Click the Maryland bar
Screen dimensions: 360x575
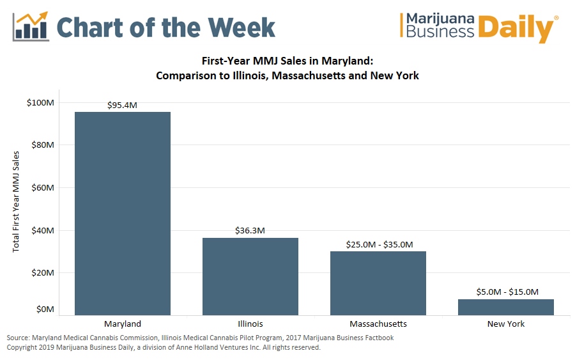click(x=123, y=213)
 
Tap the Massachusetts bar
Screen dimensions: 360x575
click(x=378, y=283)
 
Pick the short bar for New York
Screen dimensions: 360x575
click(x=506, y=307)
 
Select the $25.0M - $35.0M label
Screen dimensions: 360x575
click(x=379, y=244)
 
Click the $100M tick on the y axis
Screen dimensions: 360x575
click(x=40, y=102)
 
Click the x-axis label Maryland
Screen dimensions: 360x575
click(x=122, y=324)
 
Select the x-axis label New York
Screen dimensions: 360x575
click(x=506, y=324)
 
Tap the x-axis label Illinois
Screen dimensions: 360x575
click(x=250, y=324)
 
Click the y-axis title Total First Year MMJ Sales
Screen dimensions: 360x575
click(x=17, y=201)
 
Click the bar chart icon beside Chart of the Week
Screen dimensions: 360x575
click(x=32, y=26)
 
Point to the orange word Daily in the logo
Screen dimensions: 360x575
click(x=516, y=29)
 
